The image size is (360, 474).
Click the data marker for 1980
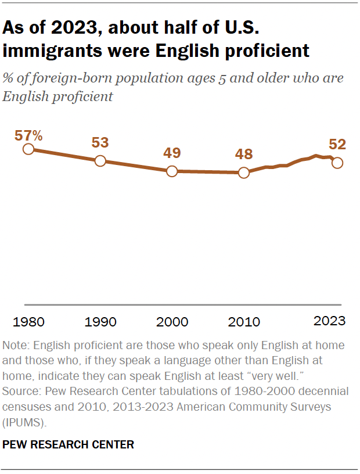(x=28, y=149)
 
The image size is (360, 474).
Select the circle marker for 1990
(x=100, y=161)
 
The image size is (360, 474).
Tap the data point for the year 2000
(x=172, y=171)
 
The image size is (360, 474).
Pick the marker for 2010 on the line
(x=244, y=173)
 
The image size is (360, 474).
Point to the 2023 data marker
(x=337, y=163)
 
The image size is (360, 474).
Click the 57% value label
(x=29, y=135)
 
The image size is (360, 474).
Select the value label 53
(x=100, y=143)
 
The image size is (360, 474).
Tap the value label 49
(x=171, y=153)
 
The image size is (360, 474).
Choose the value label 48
(x=243, y=155)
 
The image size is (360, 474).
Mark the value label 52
(x=337, y=144)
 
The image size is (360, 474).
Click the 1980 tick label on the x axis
(x=28, y=322)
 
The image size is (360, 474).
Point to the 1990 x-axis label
(x=100, y=322)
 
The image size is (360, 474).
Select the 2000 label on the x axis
(x=172, y=322)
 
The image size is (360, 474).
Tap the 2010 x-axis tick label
(x=244, y=322)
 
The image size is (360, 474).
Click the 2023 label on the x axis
(x=329, y=321)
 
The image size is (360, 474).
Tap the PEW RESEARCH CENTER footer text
(x=69, y=444)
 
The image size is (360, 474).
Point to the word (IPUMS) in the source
(x=24, y=419)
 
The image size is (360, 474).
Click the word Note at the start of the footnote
(x=15, y=345)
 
